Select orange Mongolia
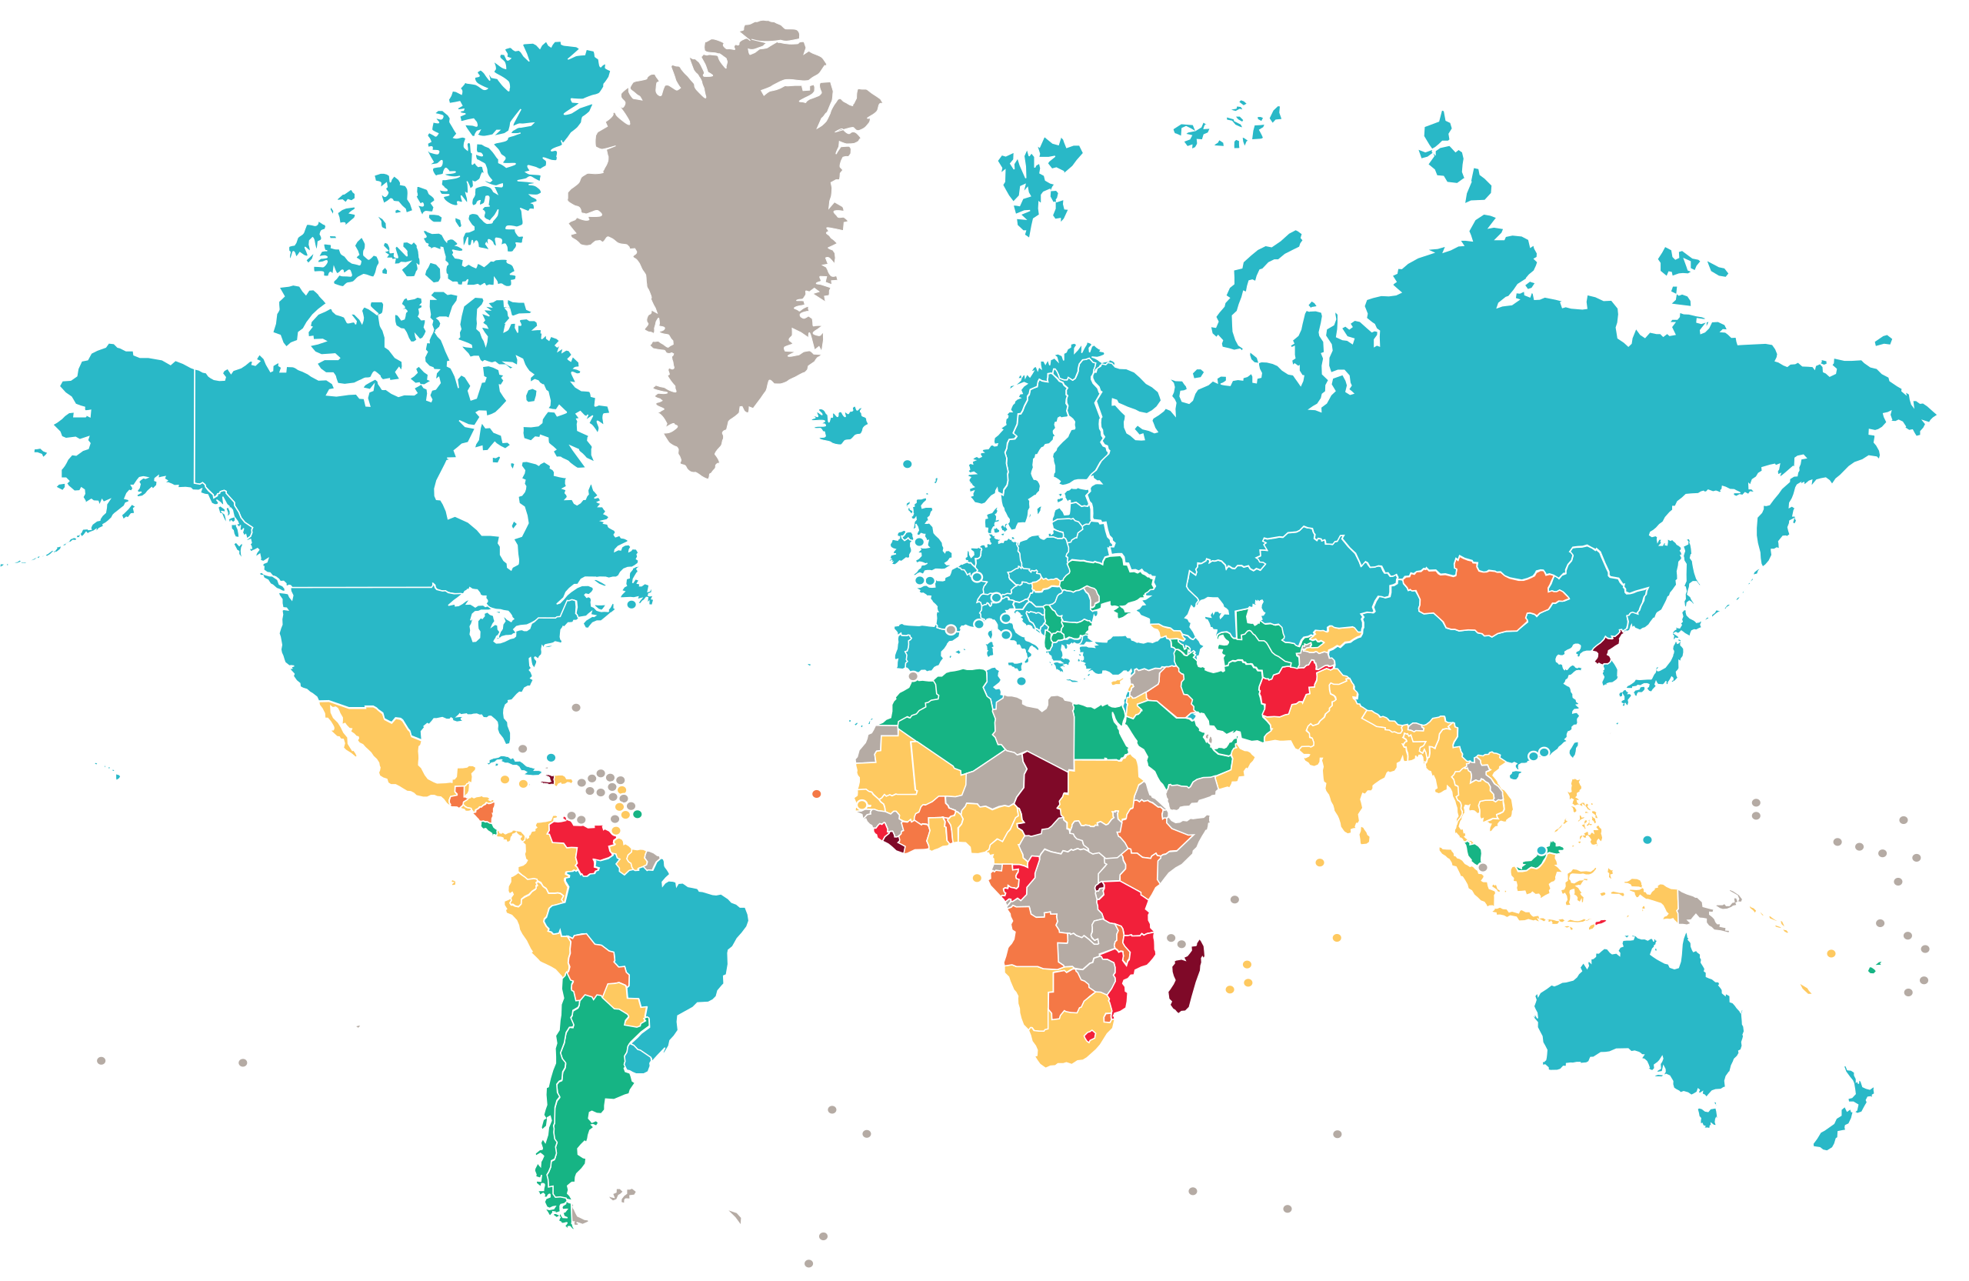tap(1481, 601)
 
